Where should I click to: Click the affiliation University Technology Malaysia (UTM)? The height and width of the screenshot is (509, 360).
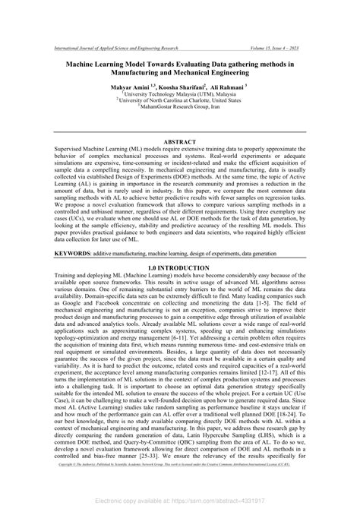[x=180, y=94]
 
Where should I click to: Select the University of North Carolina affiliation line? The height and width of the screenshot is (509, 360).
[x=180, y=100]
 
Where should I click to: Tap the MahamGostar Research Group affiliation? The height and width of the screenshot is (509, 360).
[x=180, y=106]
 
